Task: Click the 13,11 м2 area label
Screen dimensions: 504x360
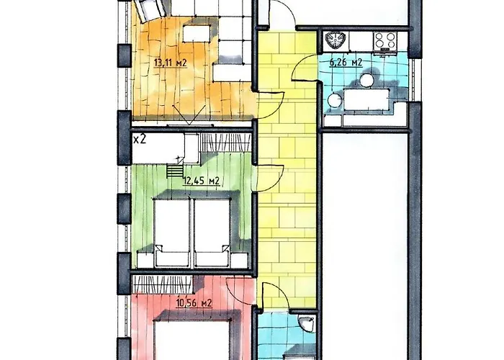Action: coord(171,63)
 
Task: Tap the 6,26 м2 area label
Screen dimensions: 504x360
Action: coord(346,62)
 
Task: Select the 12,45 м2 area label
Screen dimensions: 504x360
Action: coord(201,181)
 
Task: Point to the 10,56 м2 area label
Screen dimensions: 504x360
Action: coord(194,303)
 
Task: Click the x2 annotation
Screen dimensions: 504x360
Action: coord(140,140)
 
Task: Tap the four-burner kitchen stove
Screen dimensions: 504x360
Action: coord(384,41)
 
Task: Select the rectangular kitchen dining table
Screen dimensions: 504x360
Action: coord(366,99)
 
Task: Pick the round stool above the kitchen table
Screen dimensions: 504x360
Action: coord(366,81)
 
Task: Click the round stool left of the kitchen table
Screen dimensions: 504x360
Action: coord(335,99)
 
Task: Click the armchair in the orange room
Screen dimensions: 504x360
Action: coord(150,9)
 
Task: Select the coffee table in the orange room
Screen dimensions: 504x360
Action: coord(197,34)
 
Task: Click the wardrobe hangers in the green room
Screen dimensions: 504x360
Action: coord(225,142)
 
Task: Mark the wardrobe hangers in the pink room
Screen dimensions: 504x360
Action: coord(163,284)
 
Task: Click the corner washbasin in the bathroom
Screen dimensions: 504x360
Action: coord(306,323)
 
